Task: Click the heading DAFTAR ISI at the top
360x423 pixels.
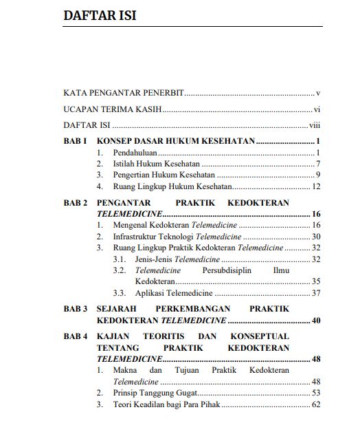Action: coord(99,15)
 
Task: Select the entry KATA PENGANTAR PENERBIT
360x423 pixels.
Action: coord(122,92)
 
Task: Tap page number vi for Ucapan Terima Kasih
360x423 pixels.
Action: coord(317,109)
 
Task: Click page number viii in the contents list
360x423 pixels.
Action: coord(315,126)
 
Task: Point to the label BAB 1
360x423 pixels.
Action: coord(74,142)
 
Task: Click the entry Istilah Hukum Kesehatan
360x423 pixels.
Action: coord(156,164)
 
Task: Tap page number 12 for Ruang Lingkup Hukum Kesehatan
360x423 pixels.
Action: coord(317,186)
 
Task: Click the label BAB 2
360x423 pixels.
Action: coord(74,203)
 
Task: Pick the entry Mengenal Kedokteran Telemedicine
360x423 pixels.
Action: coord(175,225)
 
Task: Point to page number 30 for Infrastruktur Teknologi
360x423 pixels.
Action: coord(317,236)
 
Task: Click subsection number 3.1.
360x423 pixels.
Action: coord(119,259)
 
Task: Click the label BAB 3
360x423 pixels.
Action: coord(74,310)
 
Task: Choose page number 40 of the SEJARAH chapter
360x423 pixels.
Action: coord(316,321)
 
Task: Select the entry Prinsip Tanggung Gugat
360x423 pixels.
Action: coord(155,393)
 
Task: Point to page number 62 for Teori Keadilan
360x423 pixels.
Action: coord(317,404)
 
